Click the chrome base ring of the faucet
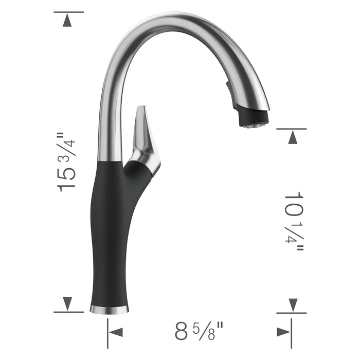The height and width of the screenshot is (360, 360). [x=109, y=309]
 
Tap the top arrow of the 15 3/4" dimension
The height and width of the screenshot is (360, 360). [x=68, y=21]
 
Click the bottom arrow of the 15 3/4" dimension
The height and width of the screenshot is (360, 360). [x=68, y=304]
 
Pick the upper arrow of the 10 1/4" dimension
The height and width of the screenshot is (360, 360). [x=292, y=137]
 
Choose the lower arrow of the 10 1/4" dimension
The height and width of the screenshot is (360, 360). [x=292, y=304]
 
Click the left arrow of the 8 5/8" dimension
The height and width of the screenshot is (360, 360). [x=116, y=332]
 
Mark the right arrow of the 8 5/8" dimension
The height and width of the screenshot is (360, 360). [x=283, y=332]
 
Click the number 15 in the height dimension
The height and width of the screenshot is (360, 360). [x=67, y=177]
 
